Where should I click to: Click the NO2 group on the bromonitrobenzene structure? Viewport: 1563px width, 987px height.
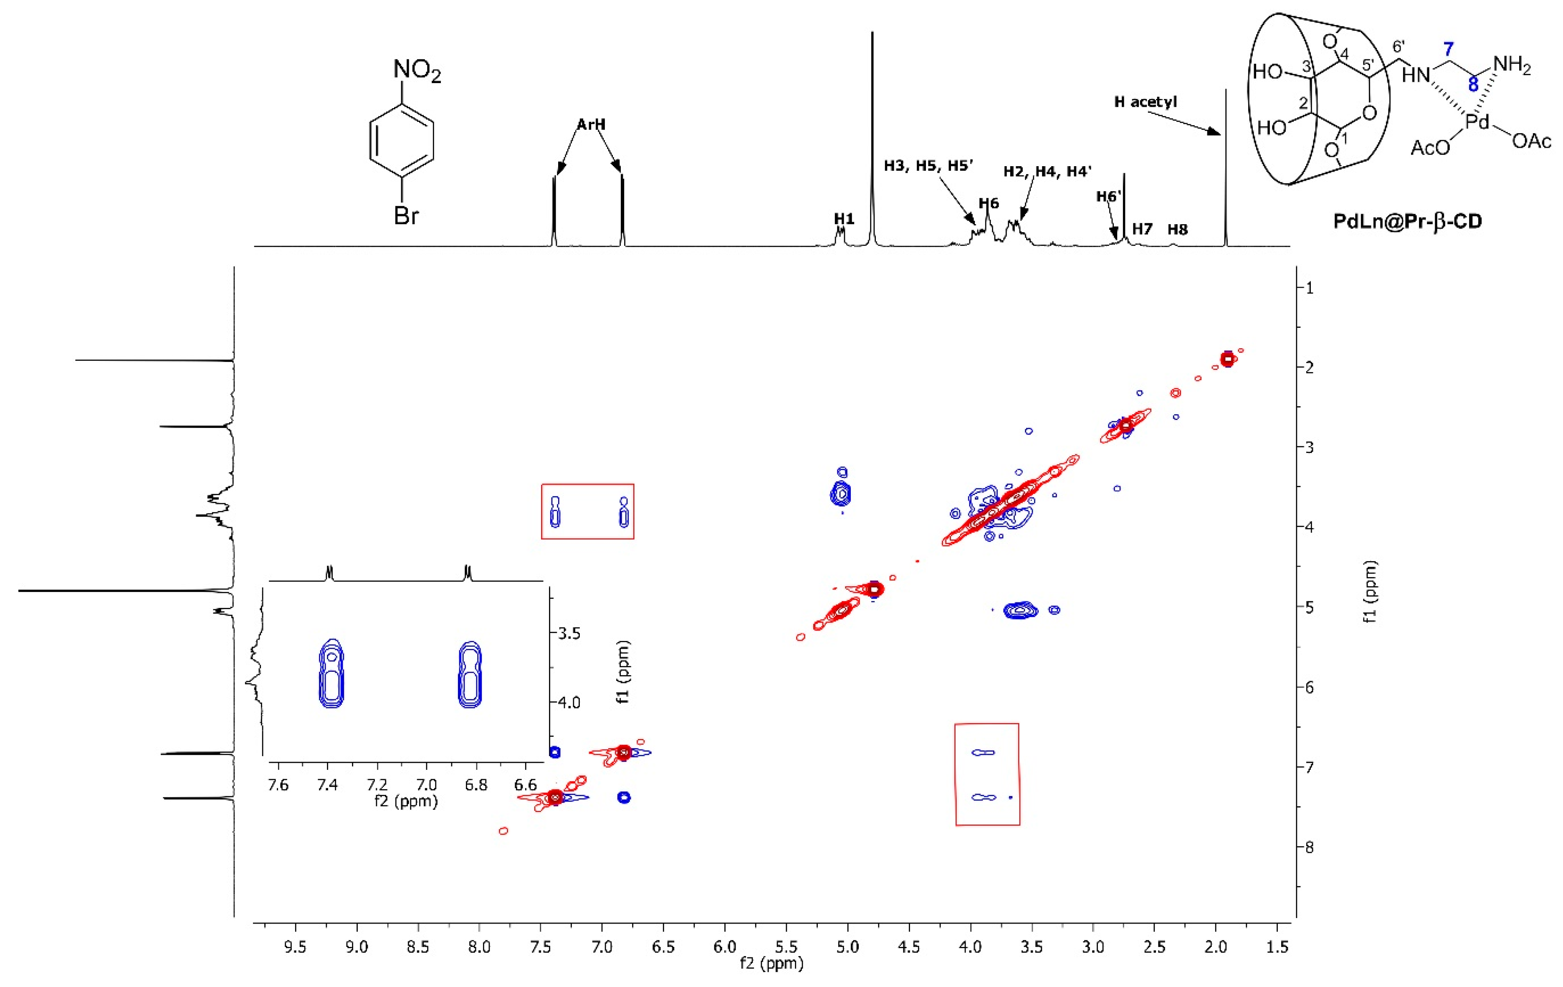(x=417, y=70)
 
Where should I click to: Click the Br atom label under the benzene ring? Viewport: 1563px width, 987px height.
(x=406, y=215)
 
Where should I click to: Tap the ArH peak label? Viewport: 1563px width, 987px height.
(x=591, y=124)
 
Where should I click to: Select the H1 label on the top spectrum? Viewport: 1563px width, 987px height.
(x=844, y=219)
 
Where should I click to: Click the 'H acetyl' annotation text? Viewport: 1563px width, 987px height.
(x=1146, y=102)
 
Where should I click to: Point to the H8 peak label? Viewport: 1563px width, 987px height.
(x=1177, y=229)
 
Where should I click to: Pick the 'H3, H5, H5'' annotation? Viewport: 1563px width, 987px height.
(x=928, y=166)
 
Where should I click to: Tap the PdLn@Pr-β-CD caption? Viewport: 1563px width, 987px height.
(x=1408, y=221)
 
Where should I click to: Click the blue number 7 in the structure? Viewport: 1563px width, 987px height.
(x=1448, y=49)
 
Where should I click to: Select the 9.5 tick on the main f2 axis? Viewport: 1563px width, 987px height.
(x=295, y=947)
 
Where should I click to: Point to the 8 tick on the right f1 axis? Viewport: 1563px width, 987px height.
(x=1309, y=847)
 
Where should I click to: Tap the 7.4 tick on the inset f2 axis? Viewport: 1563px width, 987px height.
(x=327, y=785)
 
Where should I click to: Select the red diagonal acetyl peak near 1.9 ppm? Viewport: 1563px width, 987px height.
(x=1227, y=359)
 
